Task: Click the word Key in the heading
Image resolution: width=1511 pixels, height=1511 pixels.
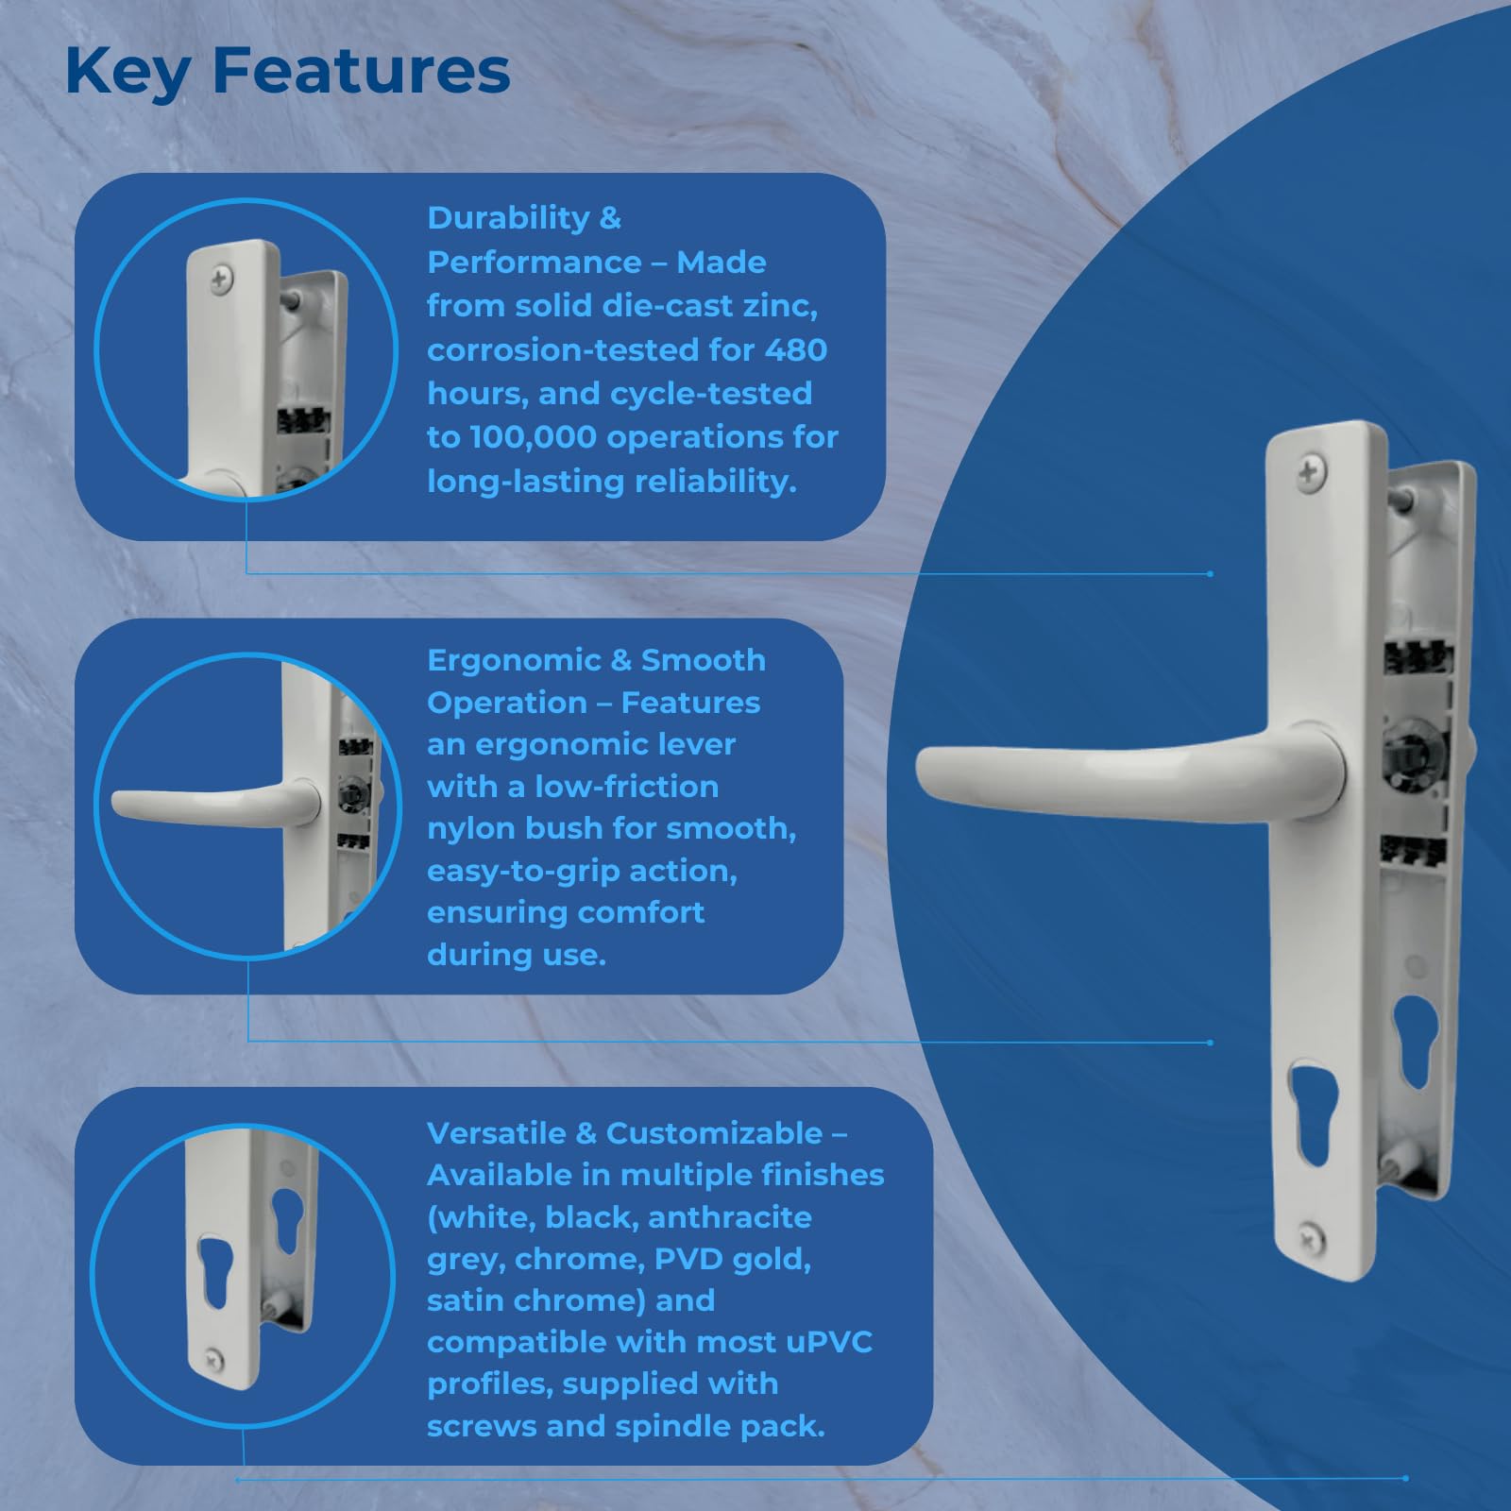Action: (x=127, y=73)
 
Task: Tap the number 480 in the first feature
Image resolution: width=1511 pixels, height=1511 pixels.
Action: (x=795, y=349)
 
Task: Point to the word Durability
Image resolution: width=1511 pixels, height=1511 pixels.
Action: (x=508, y=219)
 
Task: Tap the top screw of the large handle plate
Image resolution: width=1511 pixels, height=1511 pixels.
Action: (x=1310, y=471)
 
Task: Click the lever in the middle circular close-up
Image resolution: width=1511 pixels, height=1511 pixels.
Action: (x=217, y=805)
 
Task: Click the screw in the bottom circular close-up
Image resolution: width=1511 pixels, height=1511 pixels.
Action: (x=214, y=1357)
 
